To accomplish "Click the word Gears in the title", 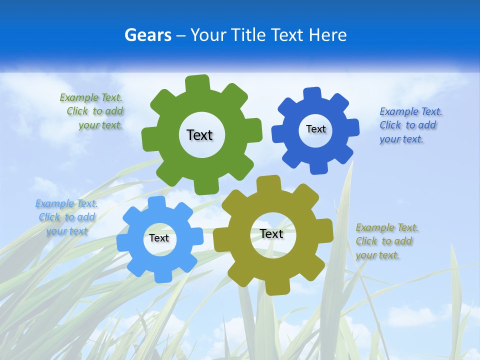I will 148,35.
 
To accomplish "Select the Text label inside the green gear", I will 199,135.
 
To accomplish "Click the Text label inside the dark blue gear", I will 315,129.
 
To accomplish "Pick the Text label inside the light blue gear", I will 159,238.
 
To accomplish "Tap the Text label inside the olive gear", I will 271,233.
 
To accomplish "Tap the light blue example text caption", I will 66,217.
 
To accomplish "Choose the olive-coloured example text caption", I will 386,241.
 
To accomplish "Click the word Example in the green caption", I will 79,97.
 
